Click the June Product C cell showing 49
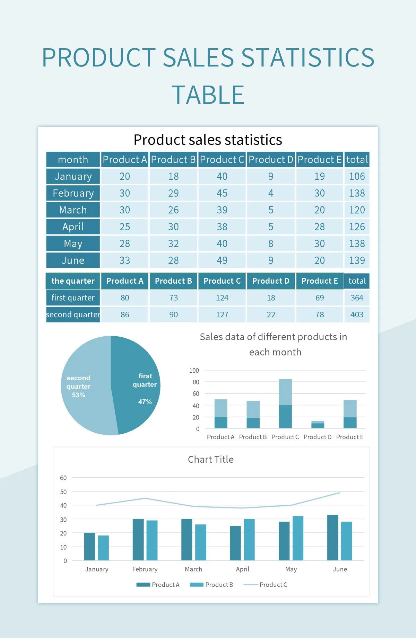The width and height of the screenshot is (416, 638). coord(222,260)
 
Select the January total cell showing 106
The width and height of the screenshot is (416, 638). coord(357,176)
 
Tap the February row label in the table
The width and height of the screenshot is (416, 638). coord(73,193)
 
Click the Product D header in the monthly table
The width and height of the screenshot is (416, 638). coord(271,160)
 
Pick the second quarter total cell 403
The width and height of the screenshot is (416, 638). coord(357,314)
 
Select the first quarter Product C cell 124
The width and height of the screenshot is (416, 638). coord(222,298)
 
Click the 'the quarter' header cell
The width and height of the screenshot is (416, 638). coord(73,281)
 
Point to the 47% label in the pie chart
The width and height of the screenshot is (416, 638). coord(145,402)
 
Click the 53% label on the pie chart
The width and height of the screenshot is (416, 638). coord(78,395)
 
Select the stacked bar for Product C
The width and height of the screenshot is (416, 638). coord(285,404)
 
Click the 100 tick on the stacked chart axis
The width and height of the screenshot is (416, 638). coord(194,371)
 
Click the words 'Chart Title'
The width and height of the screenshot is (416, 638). coord(210,460)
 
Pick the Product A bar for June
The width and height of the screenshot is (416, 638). coord(332,538)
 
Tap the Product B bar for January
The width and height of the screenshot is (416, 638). coord(103,548)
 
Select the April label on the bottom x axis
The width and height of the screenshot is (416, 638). coord(242,569)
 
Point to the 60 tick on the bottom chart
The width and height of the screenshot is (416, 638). coord(63,478)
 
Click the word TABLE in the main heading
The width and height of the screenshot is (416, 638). coord(208,95)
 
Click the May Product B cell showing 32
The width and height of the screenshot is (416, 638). coord(173,243)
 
